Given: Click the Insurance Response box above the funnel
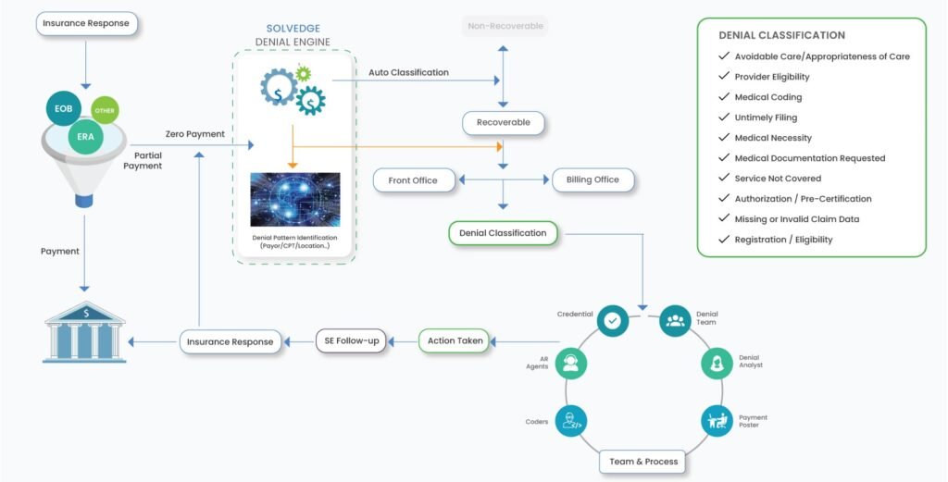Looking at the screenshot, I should pyautogui.click(x=87, y=23).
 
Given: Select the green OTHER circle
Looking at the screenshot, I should pyautogui.click(x=105, y=111).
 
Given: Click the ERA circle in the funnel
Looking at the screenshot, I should pyautogui.click(x=86, y=137).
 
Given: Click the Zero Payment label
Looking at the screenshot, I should pyautogui.click(x=194, y=134).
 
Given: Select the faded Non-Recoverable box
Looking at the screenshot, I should pyautogui.click(x=505, y=26).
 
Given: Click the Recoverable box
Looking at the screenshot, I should pyautogui.click(x=504, y=122).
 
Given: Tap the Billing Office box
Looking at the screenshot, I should pyautogui.click(x=592, y=179).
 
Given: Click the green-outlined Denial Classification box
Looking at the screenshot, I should pyautogui.click(x=503, y=233).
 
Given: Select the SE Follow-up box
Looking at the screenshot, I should pyautogui.click(x=353, y=340).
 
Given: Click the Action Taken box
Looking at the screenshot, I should pyautogui.click(x=455, y=340).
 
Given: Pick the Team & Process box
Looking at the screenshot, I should pyautogui.click(x=643, y=461).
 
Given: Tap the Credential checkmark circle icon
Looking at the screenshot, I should pyautogui.click(x=612, y=320).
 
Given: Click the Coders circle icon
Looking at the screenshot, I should pyautogui.click(x=571, y=422).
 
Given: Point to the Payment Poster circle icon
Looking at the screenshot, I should pyautogui.click(x=717, y=422).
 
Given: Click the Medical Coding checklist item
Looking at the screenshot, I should pyautogui.click(x=767, y=97).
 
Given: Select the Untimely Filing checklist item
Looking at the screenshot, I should pyautogui.click(x=766, y=117).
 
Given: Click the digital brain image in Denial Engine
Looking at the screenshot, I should pyautogui.click(x=294, y=199).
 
